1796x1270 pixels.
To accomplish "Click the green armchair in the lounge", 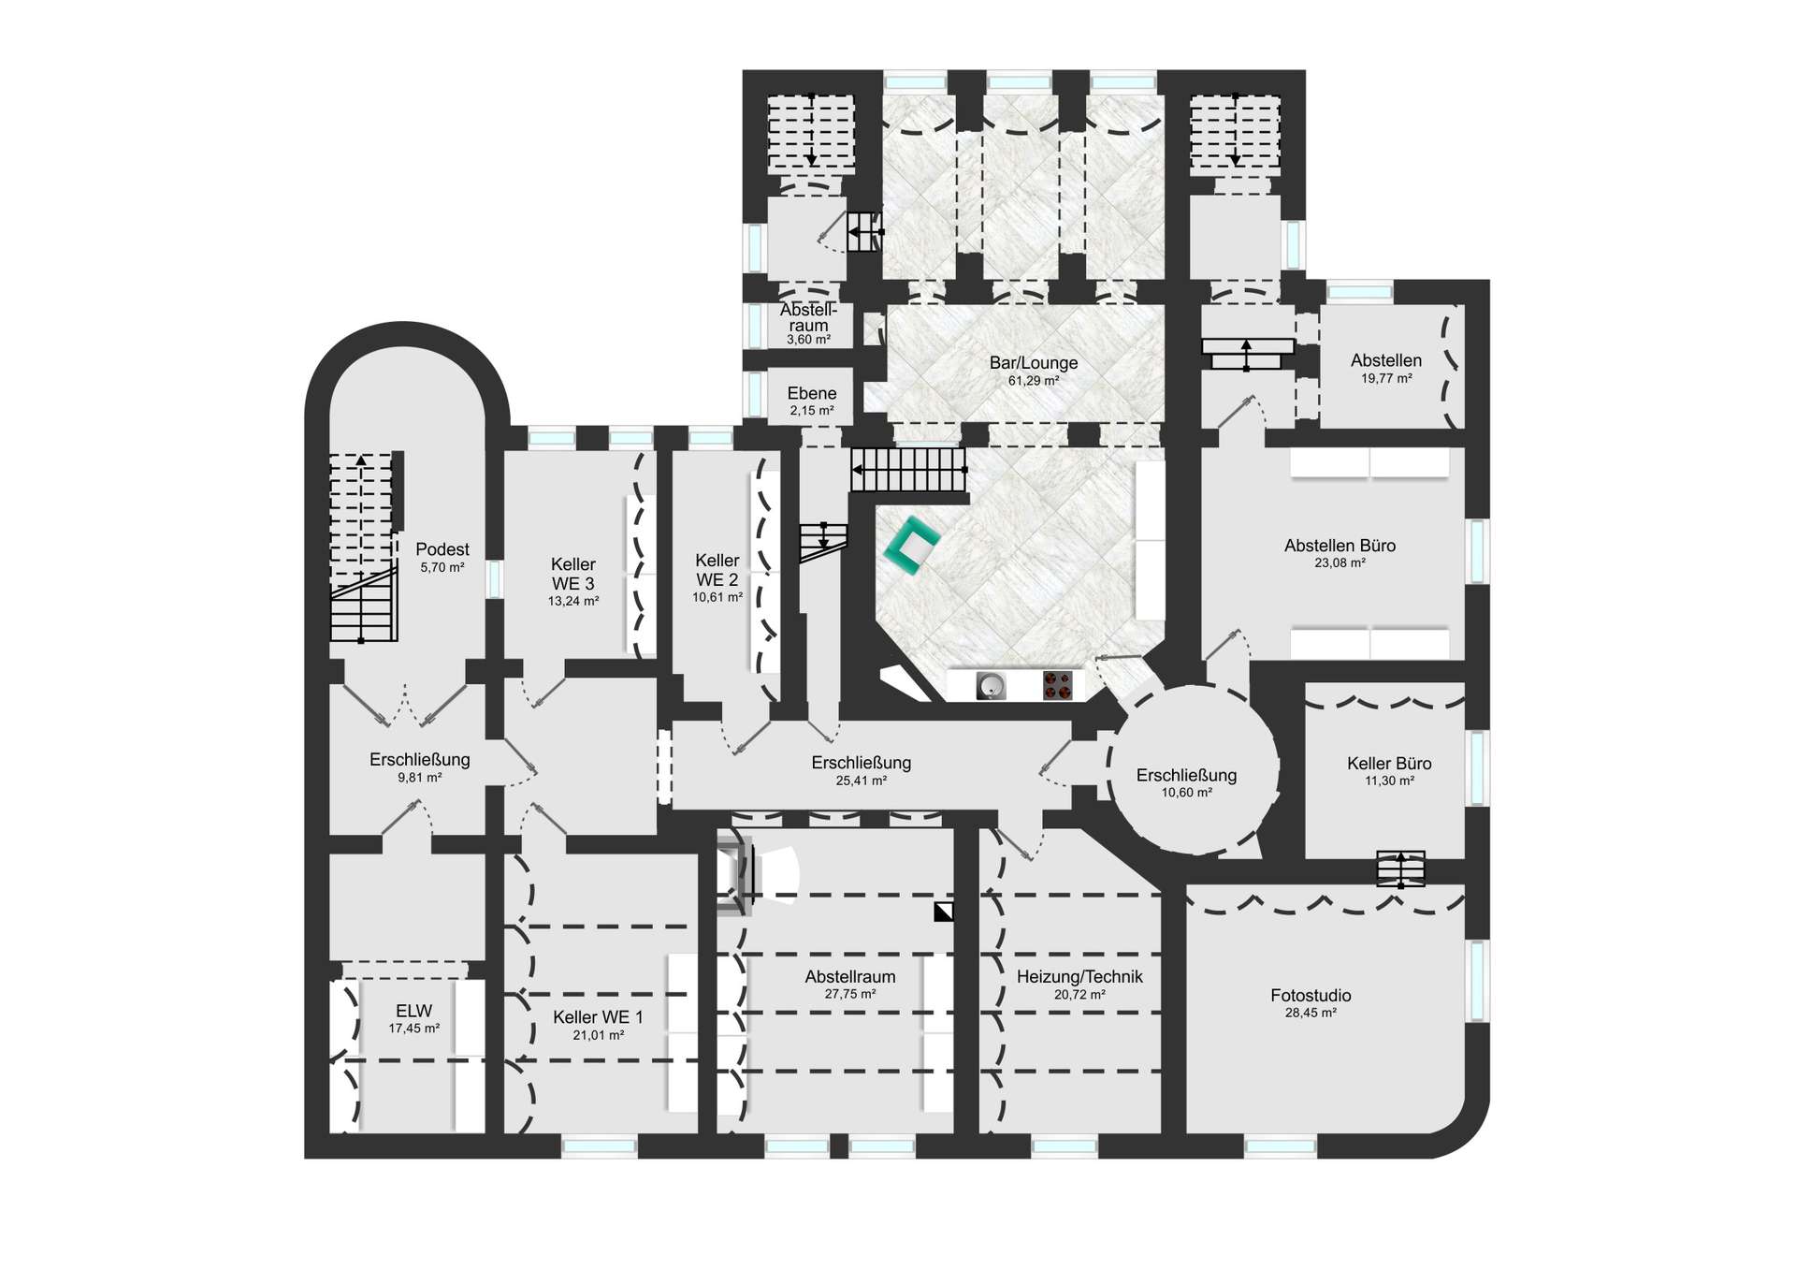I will point(911,547).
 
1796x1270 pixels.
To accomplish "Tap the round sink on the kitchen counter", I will point(991,687).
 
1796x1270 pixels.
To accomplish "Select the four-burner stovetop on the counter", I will point(1057,687).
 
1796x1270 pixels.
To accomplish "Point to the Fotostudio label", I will point(1311,996).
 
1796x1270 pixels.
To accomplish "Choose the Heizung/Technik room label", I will point(1079,977).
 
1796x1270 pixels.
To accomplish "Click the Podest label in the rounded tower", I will point(442,549).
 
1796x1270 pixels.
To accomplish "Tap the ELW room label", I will point(414,1011).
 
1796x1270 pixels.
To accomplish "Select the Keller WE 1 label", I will point(598,1017).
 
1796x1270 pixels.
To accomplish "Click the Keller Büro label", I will point(1389,764).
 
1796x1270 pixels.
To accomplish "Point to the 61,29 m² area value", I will point(1034,381).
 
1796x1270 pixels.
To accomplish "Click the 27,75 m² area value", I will point(850,994).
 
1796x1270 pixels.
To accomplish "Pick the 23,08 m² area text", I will point(1340,563).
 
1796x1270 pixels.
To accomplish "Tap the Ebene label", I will point(812,394).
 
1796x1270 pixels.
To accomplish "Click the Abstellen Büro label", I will point(1340,546).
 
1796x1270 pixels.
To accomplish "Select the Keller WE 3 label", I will point(573,574).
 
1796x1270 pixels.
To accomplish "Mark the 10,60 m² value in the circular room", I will point(1186,793).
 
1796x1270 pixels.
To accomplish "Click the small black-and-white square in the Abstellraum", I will point(943,911).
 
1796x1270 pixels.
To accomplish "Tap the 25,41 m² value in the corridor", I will point(861,781).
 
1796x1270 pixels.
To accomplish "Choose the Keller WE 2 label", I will point(717,570).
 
